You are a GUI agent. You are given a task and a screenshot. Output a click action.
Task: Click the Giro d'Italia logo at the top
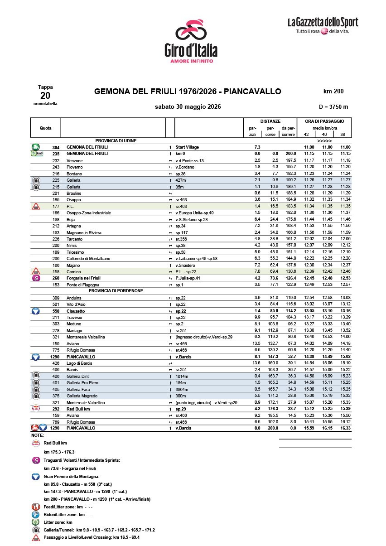pyautogui.click(x=191, y=41)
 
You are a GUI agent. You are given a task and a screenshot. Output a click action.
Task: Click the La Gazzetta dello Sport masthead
pyautogui.click(x=323, y=25)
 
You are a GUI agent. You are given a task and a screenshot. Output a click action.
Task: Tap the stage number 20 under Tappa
pyautogui.click(x=45, y=95)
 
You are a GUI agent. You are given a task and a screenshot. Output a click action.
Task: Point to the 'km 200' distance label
pyautogui.click(x=333, y=92)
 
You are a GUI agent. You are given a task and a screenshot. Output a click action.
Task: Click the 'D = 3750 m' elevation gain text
pyautogui.click(x=333, y=107)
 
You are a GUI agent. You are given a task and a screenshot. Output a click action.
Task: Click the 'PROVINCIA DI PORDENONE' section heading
pyautogui.click(x=116, y=290)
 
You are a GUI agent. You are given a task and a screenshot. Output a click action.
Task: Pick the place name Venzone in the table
pyautogui.click(x=74, y=160)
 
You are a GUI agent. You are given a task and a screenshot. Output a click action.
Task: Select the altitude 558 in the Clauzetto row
pyautogui.click(x=56, y=311)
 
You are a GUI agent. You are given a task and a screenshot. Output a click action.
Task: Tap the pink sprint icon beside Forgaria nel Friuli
pyautogui.click(x=35, y=278)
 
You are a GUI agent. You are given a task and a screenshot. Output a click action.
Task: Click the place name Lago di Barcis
pyautogui.click(x=79, y=363)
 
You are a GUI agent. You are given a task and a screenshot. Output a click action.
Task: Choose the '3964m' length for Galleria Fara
pyautogui.click(x=183, y=389)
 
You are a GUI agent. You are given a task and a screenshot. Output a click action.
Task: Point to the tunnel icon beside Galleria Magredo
pyautogui.click(x=35, y=396)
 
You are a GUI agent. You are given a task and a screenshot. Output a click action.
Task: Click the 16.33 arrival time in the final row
pyautogui.click(x=345, y=428)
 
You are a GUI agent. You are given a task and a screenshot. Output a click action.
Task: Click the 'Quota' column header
pyautogui.click(x=45, y=128)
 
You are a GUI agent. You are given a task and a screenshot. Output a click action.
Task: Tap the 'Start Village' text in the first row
pyautogui.click(x=187, y=147)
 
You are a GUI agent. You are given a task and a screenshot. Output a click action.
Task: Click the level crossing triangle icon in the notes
pyautogui.click(x=35, y=537)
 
